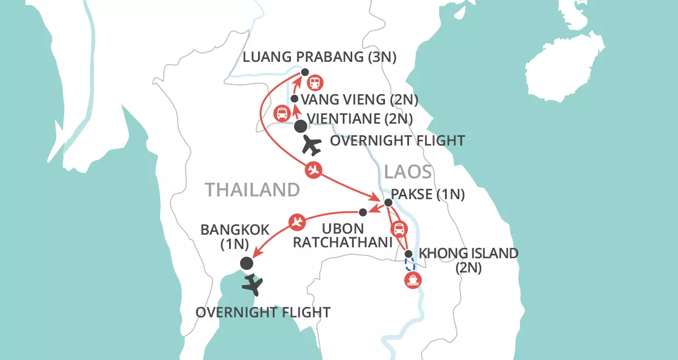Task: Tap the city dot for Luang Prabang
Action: pyautogui.click(x=305, y=72)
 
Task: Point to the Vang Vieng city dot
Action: pyautogui.click(x=294, y=99)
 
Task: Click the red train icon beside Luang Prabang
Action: pyautogui.click(x=315, y=83)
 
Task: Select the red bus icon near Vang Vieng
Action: pyautogui.click(x=281, y=114)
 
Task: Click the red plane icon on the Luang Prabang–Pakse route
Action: pyautogui.click(x=313, y=170)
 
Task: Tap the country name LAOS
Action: pyautogui.click(x=408, y=172)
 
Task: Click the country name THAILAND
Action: pyautogui.click(x=253, y=190)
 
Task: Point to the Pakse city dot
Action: pyautogui.click(x=388, y=203)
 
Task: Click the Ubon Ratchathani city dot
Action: pyautogui.click(x=363, y=212)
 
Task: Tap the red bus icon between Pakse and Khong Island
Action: pyautogui.click(x=400, y=229)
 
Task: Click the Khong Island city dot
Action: pyautogui.click(x=408, y=254)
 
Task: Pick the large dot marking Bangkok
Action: pyautogui.click(x=247, y=263)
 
